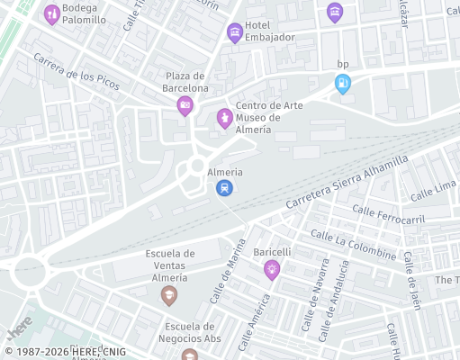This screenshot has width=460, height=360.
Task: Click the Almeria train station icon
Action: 224,188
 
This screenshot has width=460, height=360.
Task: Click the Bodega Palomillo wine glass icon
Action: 52,14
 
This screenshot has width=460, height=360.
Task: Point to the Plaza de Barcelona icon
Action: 185,106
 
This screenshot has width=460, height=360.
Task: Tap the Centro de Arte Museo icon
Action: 224,118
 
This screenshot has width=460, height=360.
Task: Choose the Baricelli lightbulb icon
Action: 271,269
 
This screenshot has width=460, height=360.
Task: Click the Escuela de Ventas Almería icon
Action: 169,294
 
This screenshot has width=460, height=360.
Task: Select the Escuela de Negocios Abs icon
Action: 189,354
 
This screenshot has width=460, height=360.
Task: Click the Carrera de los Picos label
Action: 77,71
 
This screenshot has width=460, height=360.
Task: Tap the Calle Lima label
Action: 433,191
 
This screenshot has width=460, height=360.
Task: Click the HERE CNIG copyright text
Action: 65,351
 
